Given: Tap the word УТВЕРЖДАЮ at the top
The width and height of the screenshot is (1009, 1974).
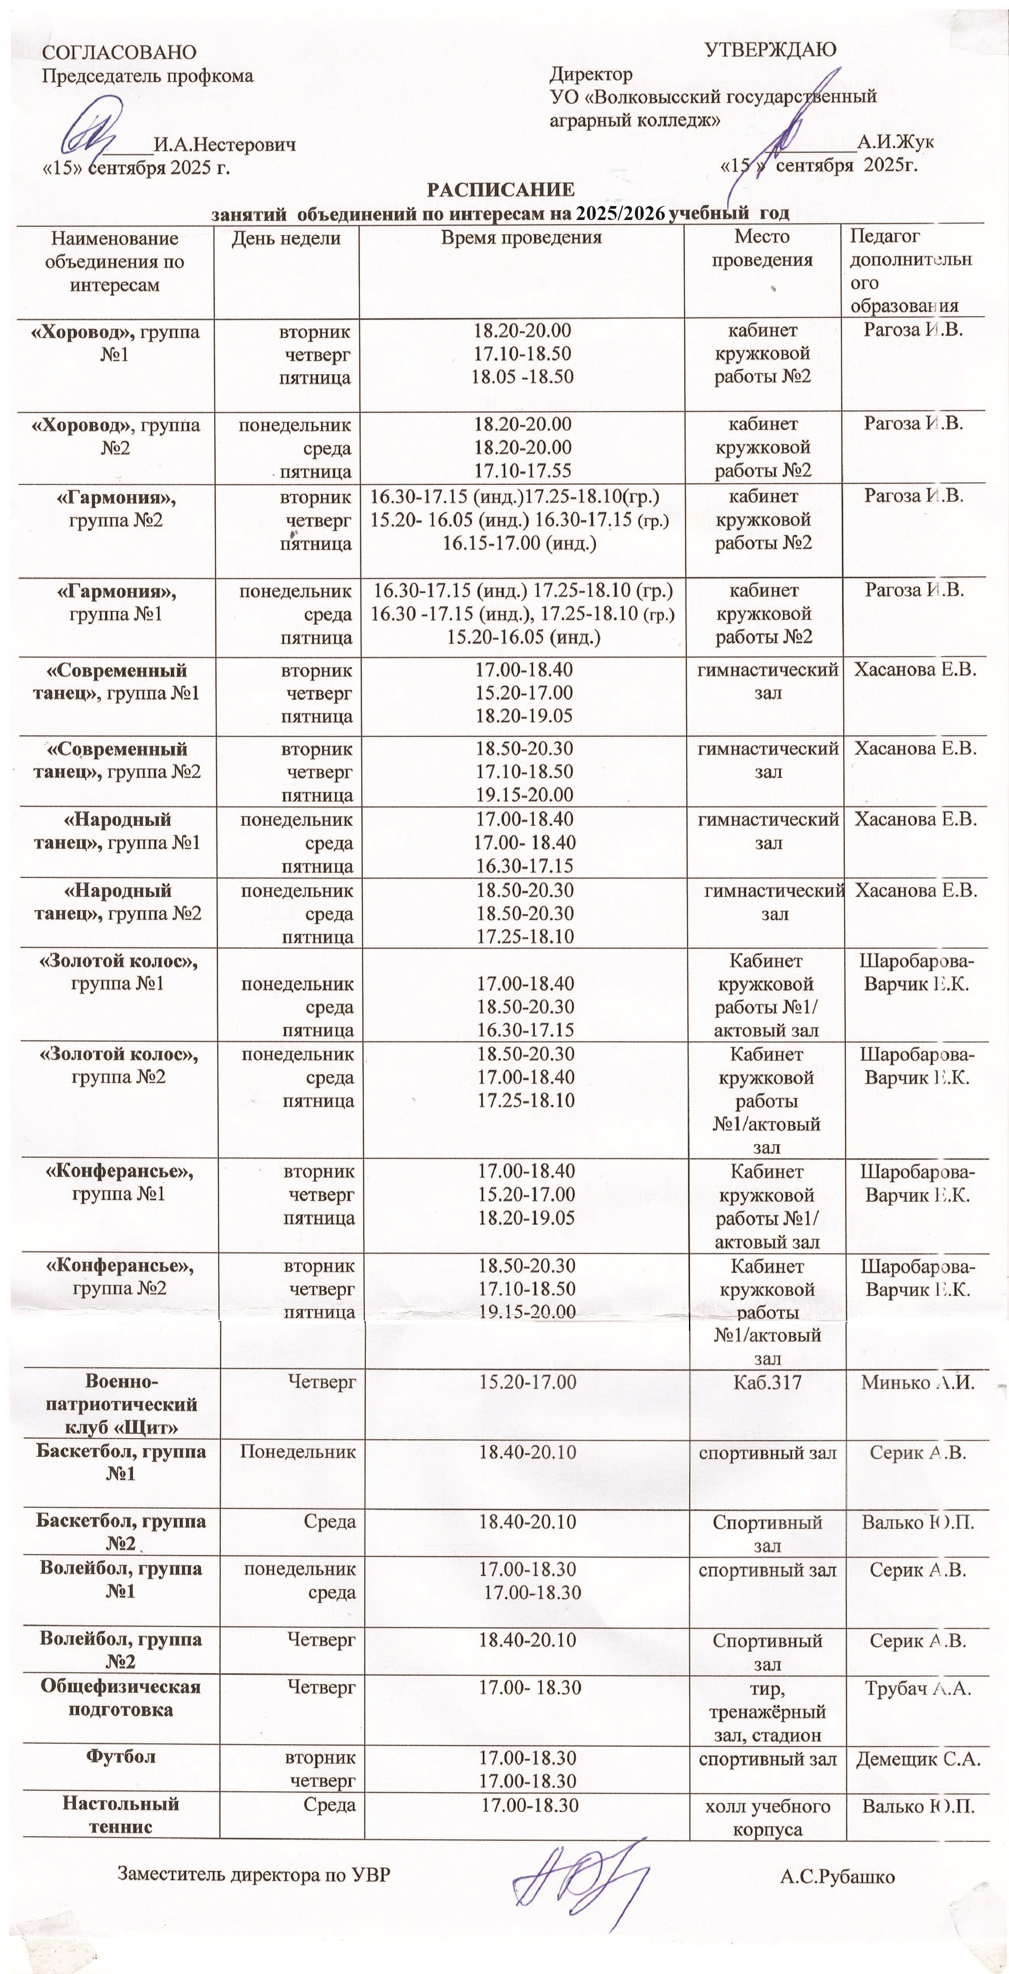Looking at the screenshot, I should [x=770, y=51].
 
